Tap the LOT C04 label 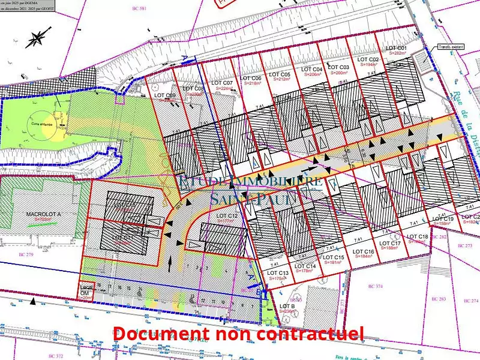click(x=313, y=69)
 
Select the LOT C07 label click(x=223, y=83)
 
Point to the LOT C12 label click(x=227, y=215)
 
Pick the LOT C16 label click(x=364, y=251)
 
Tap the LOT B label click(x=287, y=306)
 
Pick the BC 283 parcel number click(x=439, y=298)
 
